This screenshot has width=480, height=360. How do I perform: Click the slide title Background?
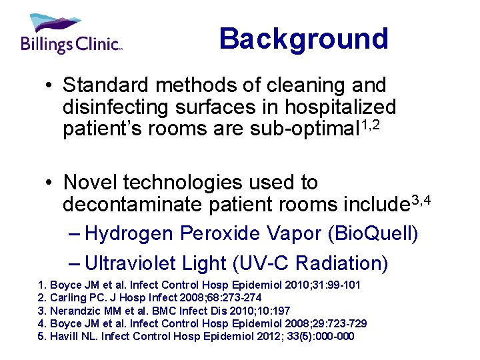pos(303,39)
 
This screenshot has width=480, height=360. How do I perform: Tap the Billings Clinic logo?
pos(71,35)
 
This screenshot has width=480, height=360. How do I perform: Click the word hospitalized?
pos(339,107)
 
